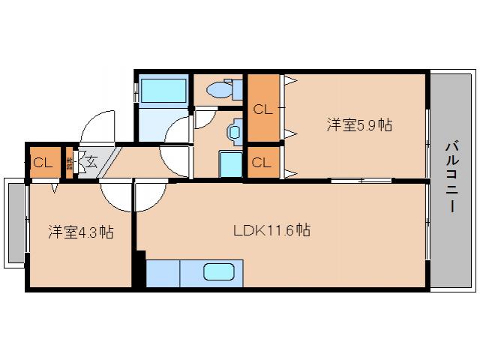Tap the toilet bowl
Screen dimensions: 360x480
(220, 89)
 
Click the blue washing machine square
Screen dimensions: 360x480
(230, 163)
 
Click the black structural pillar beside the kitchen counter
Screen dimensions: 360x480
(139, 270)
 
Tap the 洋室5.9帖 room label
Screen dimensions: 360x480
(359, 125)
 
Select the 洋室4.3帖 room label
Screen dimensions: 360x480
(81, 232)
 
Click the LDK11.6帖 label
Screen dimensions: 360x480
(271, 230)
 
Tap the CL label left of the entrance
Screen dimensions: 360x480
(42, 162)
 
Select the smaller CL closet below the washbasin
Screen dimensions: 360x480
(262, 161)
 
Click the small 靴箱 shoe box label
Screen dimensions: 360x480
(70, 160)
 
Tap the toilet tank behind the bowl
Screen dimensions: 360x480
(238, 89)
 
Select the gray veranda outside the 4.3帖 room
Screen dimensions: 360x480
(15, 222)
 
